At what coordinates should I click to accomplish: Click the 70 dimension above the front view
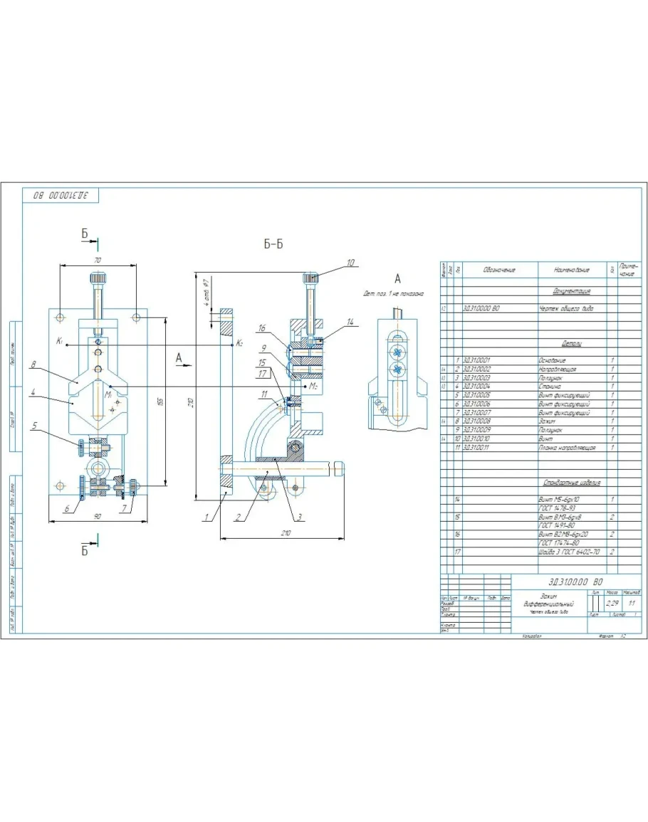click(x=98, y=260)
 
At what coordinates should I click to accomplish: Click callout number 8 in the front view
click(x=33, y=366)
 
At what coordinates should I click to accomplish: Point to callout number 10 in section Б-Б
click(x=350, y=263)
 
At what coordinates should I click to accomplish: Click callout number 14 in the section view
click(x=350, y=322)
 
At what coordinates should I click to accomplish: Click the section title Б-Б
click(x=273, y=244)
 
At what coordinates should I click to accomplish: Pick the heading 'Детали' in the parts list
click(x=572, y=344)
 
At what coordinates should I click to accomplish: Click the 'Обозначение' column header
click(x=498, y=270)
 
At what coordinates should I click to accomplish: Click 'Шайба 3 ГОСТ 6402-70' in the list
click(x=569, y=552)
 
